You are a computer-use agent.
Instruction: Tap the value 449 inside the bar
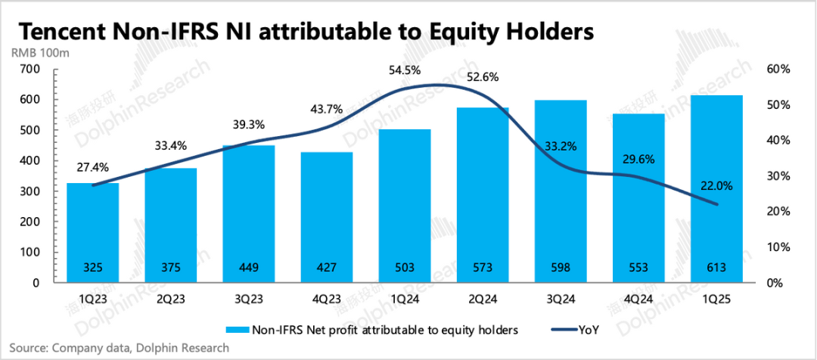point(250,266)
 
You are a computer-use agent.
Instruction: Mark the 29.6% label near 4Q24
point(638,160)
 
